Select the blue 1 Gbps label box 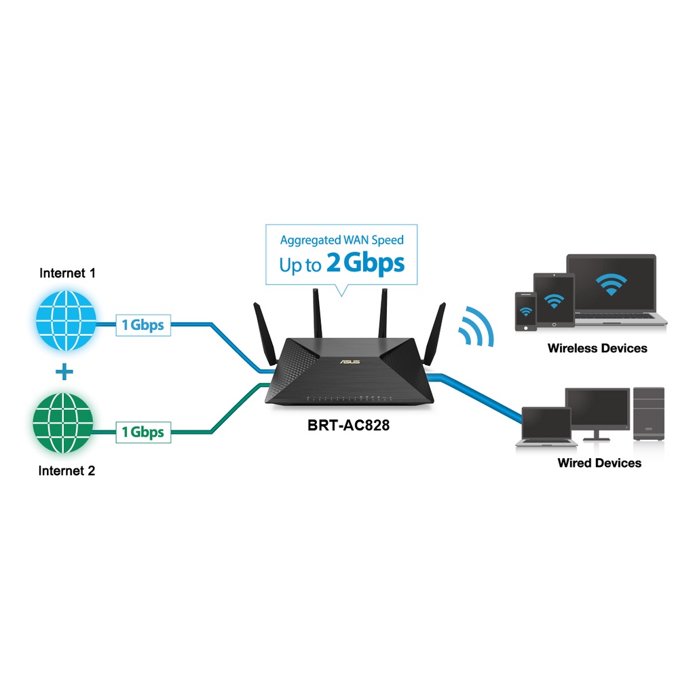point(143,325)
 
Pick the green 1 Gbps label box point(143,431)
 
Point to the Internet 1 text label point(68,274)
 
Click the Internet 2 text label point(67,470)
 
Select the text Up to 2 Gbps point(341,263)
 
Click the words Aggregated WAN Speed point(341,240)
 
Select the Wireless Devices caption point(597,348)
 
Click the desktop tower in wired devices point(648,414)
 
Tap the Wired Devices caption point(599,463)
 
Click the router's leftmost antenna point(261,327)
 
